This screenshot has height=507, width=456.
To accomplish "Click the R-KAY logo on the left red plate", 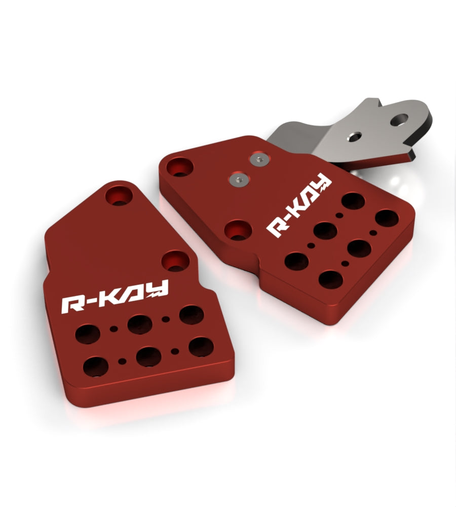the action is [x=115, y=296].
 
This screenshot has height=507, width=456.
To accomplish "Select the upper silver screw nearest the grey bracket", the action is [x=259, y=159].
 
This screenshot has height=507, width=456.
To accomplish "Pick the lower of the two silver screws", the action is [x=240, y=179].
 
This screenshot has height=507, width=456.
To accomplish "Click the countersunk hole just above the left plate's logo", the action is [x=175, y=261].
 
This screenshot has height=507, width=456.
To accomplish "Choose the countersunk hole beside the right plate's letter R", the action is [x=238, y=230].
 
